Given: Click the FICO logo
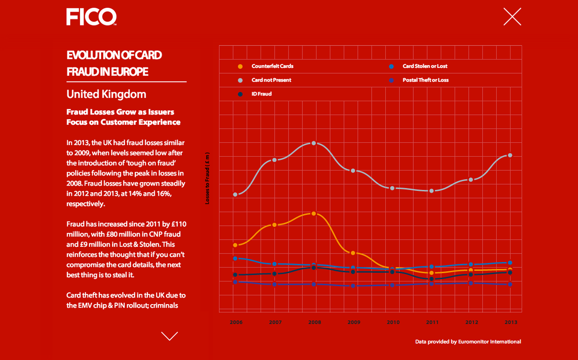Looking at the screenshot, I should [x=92, y=16].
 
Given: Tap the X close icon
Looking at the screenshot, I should [x=512, y=16].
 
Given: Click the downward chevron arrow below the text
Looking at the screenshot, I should [x=170, y=336].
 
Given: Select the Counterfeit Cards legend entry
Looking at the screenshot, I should [x=272, y=66].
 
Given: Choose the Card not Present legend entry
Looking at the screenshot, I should [x=271, y=80].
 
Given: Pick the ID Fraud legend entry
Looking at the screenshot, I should [x=262, y=94].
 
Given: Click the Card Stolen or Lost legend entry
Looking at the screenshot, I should [x=425, y=66].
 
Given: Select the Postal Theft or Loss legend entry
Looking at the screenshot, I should [x=425, y=80].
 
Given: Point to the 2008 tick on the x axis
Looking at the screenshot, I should [x=314, y=322].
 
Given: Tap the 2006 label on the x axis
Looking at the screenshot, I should [x=236, y=322].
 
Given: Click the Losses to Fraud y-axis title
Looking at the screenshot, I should [x=208, y=178].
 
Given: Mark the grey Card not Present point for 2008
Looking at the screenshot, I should [x=314, y=143].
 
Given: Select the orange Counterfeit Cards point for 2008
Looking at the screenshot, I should [x=314, y=213].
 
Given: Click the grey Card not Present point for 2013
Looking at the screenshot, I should [x=510, y=155].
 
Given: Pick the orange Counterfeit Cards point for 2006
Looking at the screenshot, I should [x=236, y=245].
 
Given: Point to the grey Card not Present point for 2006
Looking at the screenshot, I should [x=236, y=194].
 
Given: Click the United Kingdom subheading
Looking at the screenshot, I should [x=106, y=93].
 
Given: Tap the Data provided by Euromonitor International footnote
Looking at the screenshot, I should [x=468, y=342].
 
